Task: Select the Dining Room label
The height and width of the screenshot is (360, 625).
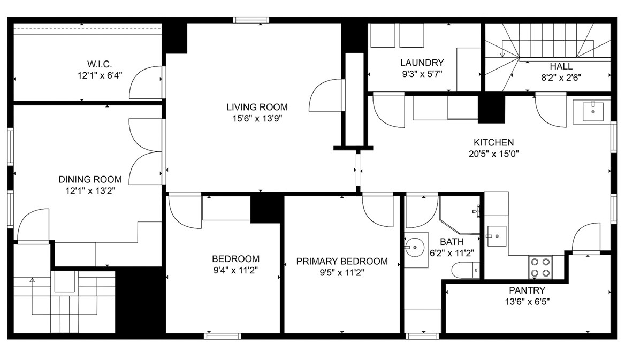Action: tap(90, 180)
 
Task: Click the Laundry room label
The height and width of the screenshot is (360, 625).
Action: tap(422, 63)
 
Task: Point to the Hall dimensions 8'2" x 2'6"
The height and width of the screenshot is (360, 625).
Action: tap(561, 77)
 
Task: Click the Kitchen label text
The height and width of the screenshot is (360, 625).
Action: tap(493, 142)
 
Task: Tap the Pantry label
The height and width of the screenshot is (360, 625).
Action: tap(527, 290)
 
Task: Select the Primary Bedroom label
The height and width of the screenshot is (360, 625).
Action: tap(342, 262)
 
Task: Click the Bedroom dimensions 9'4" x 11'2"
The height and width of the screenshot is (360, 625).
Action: tap(235, 270)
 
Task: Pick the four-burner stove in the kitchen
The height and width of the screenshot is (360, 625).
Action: tap(540, 267)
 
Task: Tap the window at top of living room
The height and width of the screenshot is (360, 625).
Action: tap(249, 20)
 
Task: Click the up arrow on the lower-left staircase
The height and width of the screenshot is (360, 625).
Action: tap(32, 280)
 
